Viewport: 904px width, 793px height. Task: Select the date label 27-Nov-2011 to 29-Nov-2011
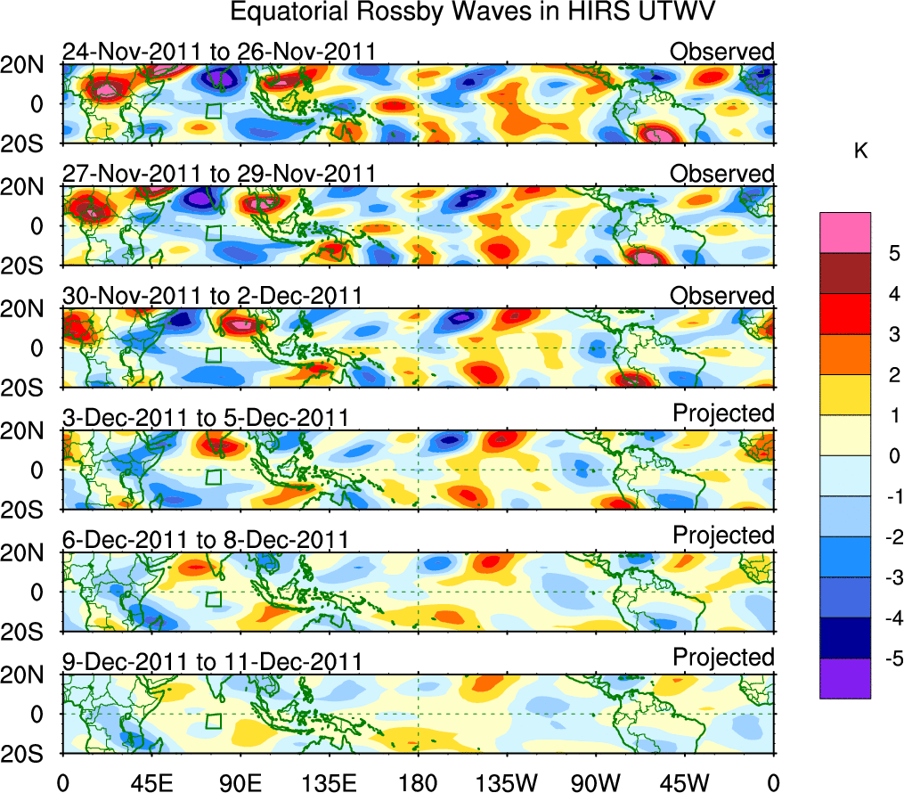(219, 174)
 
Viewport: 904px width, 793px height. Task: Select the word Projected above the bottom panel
(723, 658)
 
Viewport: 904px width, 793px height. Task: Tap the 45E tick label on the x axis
(151, 782)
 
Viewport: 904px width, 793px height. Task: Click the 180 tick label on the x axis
(418, 782)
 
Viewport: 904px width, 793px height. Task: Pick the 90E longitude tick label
(240, 782)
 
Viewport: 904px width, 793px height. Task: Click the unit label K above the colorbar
(860, 151)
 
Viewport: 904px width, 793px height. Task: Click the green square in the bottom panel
(213, 721)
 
